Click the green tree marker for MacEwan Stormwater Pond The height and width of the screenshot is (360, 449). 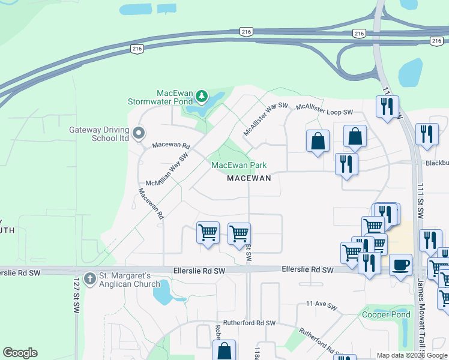(202, 96)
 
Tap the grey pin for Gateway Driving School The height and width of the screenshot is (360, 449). (139, 133)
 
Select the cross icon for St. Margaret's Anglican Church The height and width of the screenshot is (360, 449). (90, 279)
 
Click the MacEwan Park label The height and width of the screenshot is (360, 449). (238, 165)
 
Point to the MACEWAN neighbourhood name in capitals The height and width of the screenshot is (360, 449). (249, 178)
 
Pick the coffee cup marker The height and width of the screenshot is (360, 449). (400, 265)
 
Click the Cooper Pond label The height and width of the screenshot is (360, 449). (386, 314)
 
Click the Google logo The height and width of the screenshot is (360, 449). (20, 353)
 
